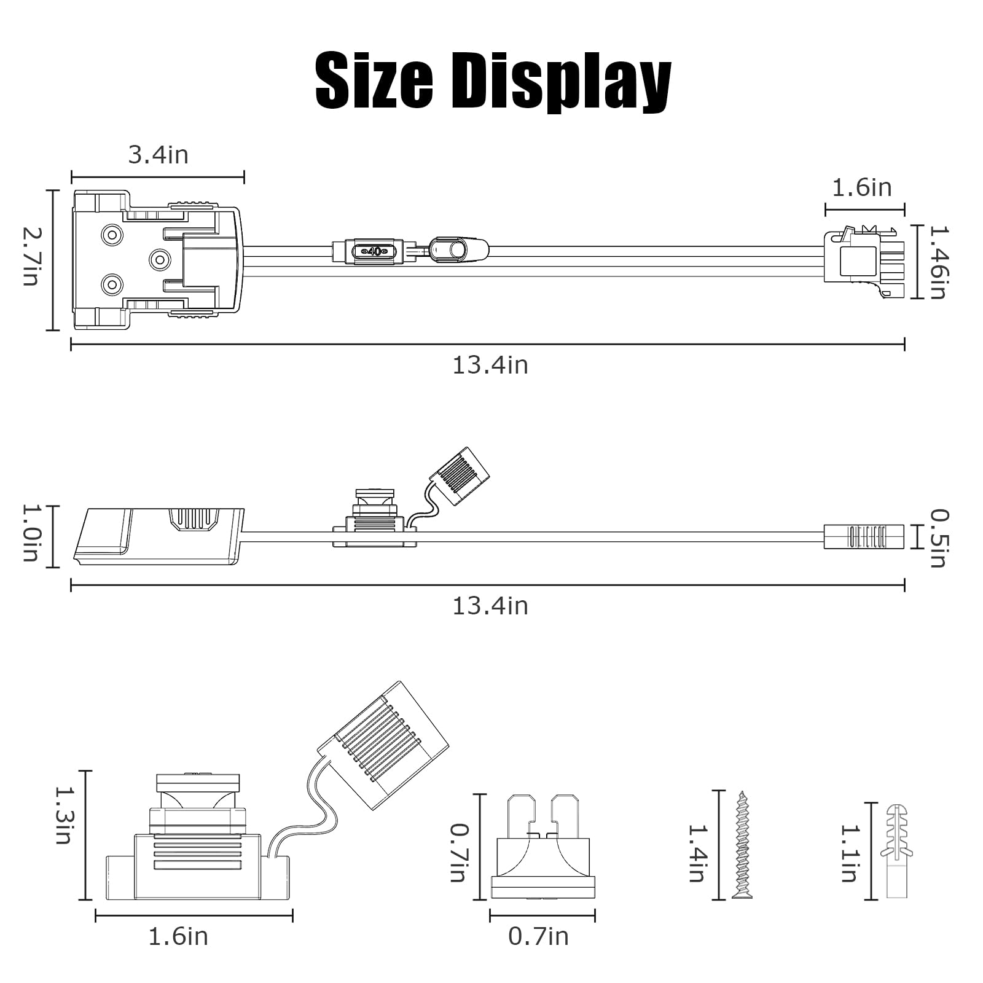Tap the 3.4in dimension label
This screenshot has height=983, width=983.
(158, 155)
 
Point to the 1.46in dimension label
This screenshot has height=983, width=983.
(938, 262)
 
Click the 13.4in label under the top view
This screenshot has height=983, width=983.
(490, 366)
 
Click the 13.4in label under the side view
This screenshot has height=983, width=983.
(490, 606)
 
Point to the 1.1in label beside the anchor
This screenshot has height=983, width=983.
(848, 853)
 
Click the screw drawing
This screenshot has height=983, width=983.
(742, 845)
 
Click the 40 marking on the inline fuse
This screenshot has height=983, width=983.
(374, 251)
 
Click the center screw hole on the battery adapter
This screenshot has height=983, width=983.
(160, 260)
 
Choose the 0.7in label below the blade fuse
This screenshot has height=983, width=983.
(538, 937)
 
